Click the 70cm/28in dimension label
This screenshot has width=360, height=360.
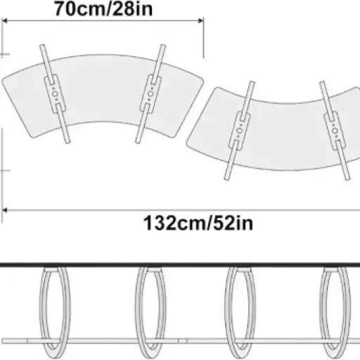[103, 9]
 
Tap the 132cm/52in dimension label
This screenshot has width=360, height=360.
[198, 224]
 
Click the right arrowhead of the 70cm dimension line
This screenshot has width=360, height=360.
[200, 21]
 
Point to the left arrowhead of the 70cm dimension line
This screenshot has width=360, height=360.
[5, 21]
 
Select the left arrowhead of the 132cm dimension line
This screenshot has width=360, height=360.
[5, 210]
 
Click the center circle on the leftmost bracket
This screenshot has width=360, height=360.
[55, 94]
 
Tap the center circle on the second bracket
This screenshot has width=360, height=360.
[150, 94]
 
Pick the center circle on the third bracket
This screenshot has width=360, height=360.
[239, 131]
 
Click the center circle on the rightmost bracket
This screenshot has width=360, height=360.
[335, 131]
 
